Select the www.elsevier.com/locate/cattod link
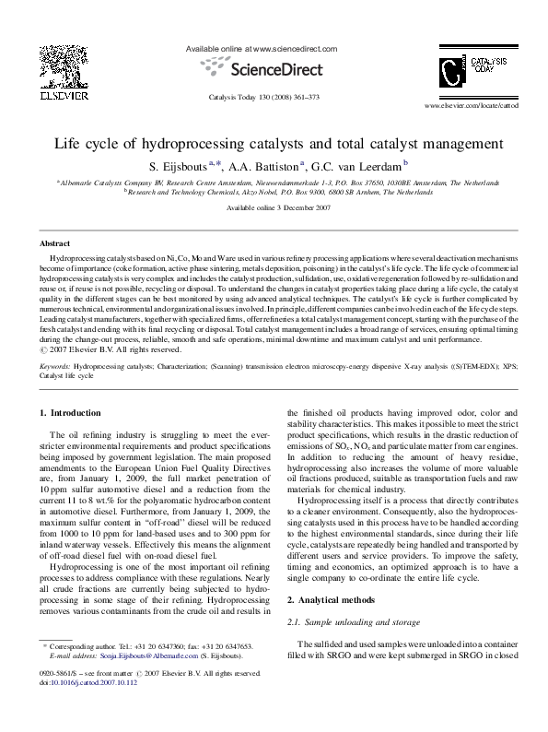point(464,107)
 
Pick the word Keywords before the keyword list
point(54,366)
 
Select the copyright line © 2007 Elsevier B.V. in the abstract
point(101,348)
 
